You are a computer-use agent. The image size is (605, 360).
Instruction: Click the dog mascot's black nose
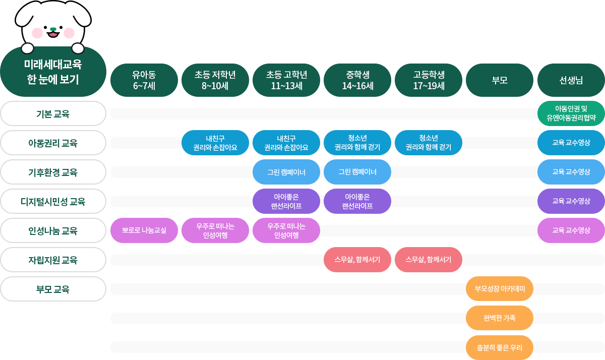tap(53, 29)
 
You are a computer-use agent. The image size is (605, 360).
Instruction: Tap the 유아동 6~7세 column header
tap(144, 80)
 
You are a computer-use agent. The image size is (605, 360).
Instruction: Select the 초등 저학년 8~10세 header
tap(215, 80)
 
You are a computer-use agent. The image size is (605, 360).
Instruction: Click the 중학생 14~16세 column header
tap(357, 80)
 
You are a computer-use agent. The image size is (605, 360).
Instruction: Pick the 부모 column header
tap(499, 80)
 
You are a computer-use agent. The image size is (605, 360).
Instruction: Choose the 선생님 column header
tap(571, 80)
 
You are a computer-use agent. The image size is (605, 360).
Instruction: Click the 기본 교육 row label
tap(53, 113)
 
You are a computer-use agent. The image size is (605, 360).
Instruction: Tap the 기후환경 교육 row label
tap(53, 172)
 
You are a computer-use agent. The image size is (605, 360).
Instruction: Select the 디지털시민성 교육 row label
tap(53, 202)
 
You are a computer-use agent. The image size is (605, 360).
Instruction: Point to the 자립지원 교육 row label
tap(53, 260)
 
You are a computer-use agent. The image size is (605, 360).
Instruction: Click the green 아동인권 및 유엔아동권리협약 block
tap(571, 113)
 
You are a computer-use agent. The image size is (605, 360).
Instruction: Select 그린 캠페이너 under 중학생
tap(357, 172)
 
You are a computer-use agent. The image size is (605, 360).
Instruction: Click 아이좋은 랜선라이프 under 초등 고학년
tap(286, 201)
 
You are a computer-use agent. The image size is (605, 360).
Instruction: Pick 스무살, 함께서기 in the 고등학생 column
tap(428, 260)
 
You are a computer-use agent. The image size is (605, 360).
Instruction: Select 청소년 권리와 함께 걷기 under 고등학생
tap(428, 143)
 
